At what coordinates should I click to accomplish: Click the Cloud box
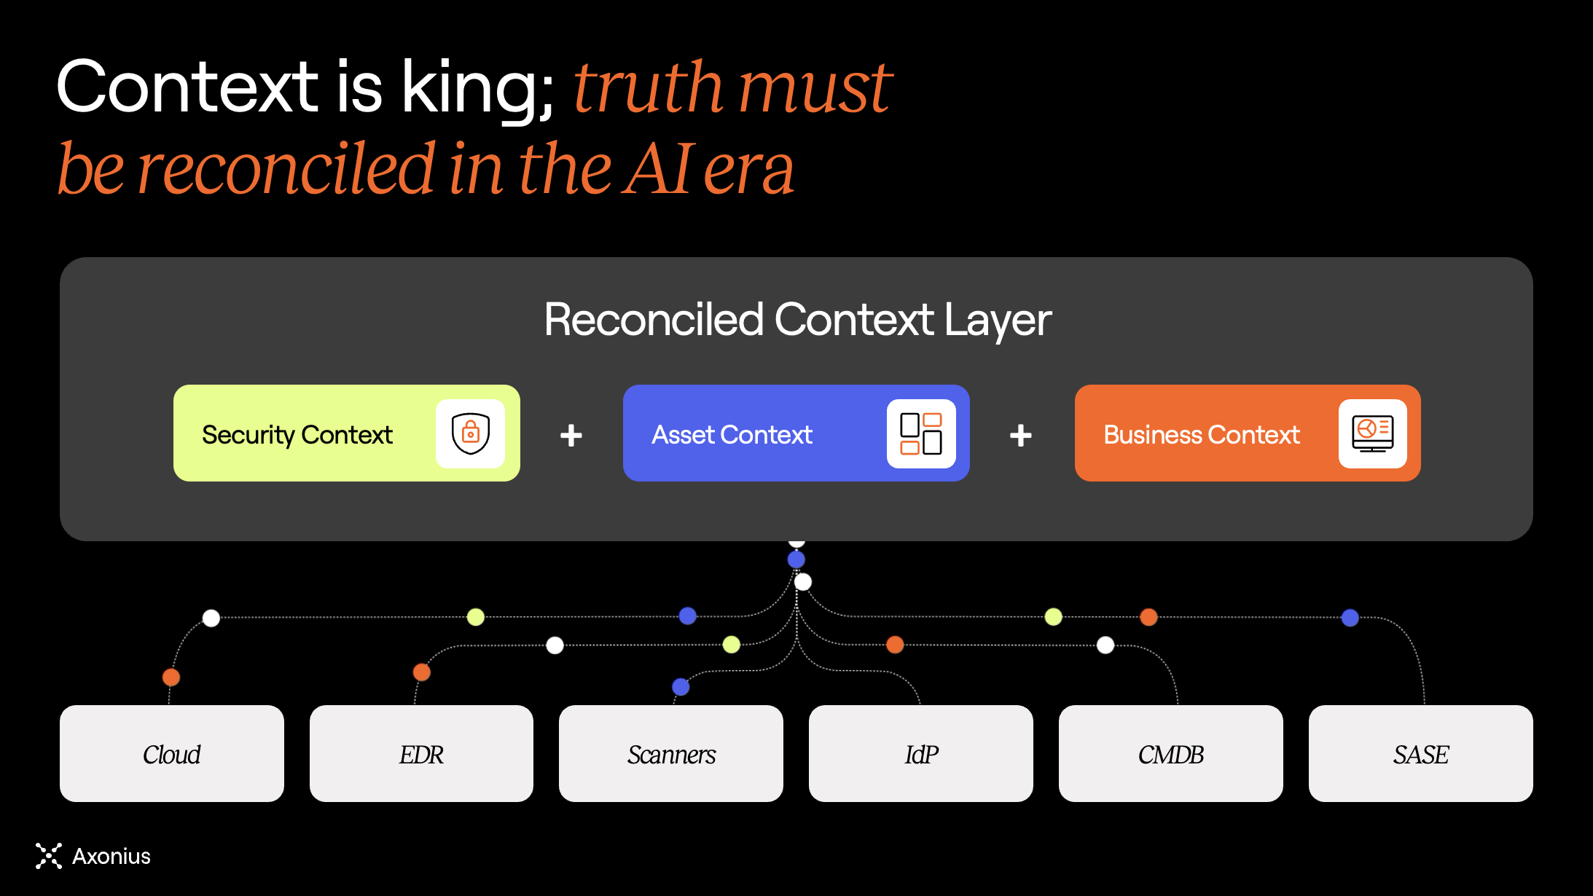(172, 753)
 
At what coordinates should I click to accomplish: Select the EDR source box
(421, 753)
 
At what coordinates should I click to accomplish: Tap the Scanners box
(671, 753)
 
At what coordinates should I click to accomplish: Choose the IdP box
(921, 753)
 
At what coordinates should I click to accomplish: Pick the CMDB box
(1171, 753)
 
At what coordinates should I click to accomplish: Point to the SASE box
(1421, 753)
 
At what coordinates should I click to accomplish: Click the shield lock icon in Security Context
(471, 433)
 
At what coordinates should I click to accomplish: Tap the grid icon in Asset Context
(921, 433)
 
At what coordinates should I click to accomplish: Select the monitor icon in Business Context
(1373, 433)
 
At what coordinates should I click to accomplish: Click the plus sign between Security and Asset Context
(571, 436)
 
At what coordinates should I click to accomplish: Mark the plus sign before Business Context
(1021, 436)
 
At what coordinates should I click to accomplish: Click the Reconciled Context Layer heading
(797, 321)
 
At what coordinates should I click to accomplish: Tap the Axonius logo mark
(49, 856)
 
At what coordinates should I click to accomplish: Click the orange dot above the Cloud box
(171, 677)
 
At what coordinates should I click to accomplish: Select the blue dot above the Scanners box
(681, 686)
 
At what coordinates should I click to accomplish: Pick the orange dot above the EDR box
(422, 672)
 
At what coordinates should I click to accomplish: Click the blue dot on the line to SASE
(1350, 618)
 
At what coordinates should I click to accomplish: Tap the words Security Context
(297, 435)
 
